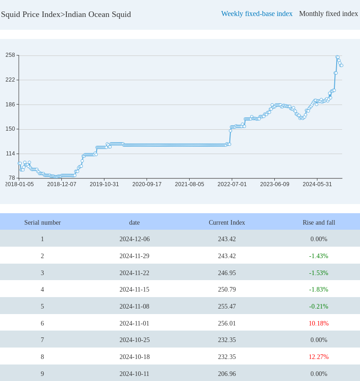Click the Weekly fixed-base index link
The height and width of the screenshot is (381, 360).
256,14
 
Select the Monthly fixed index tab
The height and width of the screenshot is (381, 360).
328,14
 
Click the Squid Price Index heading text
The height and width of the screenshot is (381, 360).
66,14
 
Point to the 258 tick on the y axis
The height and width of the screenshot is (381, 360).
10,55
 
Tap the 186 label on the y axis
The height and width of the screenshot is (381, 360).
10,104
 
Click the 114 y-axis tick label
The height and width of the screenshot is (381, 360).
10,154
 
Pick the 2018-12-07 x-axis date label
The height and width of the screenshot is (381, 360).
61,184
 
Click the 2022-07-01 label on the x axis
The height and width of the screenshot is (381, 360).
232,184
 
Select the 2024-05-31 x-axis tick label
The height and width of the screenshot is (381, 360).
317,184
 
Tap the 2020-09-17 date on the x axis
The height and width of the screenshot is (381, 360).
147,184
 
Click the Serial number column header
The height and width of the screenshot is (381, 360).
42,222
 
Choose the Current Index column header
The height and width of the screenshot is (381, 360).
227,222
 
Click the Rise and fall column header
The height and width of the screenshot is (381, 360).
319,222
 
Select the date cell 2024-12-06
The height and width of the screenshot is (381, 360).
134,239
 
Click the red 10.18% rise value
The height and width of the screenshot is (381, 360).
319,323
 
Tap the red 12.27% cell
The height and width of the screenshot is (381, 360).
319,357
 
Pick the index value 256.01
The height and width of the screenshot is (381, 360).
227,323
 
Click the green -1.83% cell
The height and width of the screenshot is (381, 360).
319,289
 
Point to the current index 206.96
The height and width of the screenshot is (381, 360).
227,374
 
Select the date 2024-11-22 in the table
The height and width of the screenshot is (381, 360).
134,273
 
